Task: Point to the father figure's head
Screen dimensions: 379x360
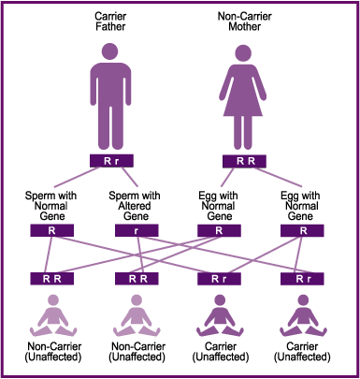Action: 118,53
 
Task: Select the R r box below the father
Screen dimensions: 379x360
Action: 118,161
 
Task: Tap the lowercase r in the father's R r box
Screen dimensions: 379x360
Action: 124,161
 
